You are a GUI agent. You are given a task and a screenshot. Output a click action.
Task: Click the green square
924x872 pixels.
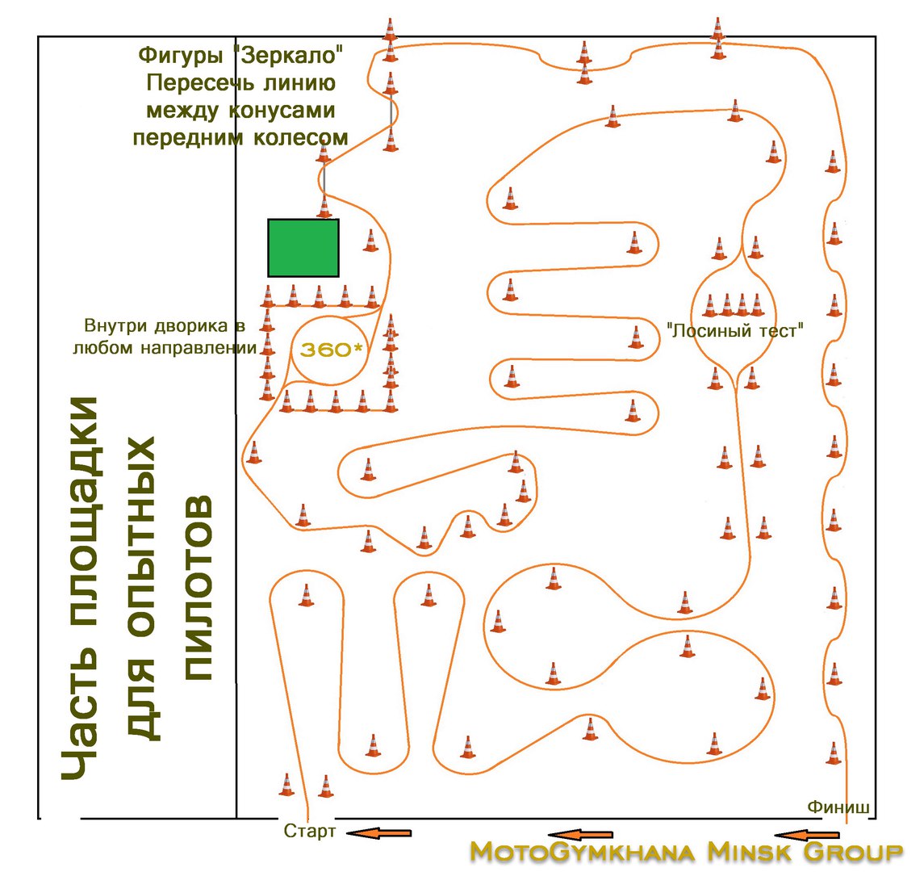click(x=303, y=248)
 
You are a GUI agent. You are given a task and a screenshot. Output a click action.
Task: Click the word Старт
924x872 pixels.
click(x=309, y=832)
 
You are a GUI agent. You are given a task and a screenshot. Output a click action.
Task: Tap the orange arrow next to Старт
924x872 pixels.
click(x=379, y=832)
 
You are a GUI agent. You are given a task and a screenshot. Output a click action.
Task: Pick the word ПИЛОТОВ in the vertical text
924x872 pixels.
click(x=199, y=589)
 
